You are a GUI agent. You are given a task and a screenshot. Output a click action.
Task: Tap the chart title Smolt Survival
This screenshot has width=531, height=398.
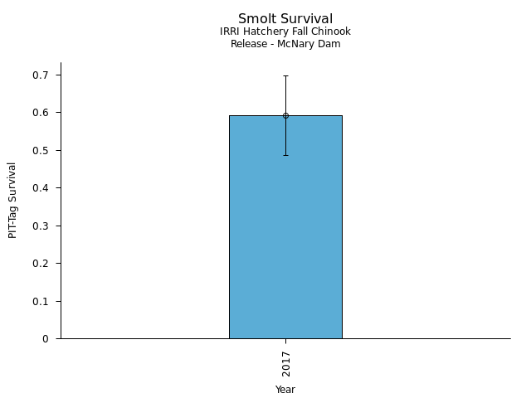point(285,19)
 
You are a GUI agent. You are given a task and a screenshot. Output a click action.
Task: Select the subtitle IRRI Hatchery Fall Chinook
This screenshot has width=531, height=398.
point(285,32)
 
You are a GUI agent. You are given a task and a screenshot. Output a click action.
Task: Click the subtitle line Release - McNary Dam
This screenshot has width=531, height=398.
point(285,44)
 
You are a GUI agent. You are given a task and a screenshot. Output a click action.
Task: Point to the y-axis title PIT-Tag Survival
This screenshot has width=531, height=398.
point(12,200)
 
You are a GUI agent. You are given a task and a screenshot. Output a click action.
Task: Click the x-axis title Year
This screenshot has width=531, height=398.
point(285,390)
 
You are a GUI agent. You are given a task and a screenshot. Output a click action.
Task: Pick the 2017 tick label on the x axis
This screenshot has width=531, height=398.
point(285,364)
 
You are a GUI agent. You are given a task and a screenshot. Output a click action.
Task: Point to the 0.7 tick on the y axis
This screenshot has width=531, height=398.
point(41,75)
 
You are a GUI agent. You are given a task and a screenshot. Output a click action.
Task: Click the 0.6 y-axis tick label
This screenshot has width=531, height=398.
point(41,113)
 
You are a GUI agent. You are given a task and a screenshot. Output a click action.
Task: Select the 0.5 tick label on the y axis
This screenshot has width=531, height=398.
point(41,151)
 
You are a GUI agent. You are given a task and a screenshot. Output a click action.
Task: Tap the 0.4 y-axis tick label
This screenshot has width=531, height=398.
point(41,188)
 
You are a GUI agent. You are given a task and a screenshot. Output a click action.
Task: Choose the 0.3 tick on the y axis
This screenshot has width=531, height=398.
point(41,226)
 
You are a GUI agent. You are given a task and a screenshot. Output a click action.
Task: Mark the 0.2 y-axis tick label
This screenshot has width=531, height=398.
point(41,264)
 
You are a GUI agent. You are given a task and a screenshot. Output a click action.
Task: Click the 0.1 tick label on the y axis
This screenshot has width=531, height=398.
point(41,302)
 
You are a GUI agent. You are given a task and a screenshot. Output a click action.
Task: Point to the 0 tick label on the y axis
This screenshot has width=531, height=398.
point(46,339)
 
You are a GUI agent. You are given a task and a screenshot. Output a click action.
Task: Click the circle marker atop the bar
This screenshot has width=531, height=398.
point(285,115)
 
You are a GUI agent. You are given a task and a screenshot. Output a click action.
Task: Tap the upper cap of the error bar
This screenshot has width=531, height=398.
point(285,75)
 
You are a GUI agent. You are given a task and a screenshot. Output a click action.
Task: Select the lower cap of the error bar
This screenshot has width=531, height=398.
point(285,155)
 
